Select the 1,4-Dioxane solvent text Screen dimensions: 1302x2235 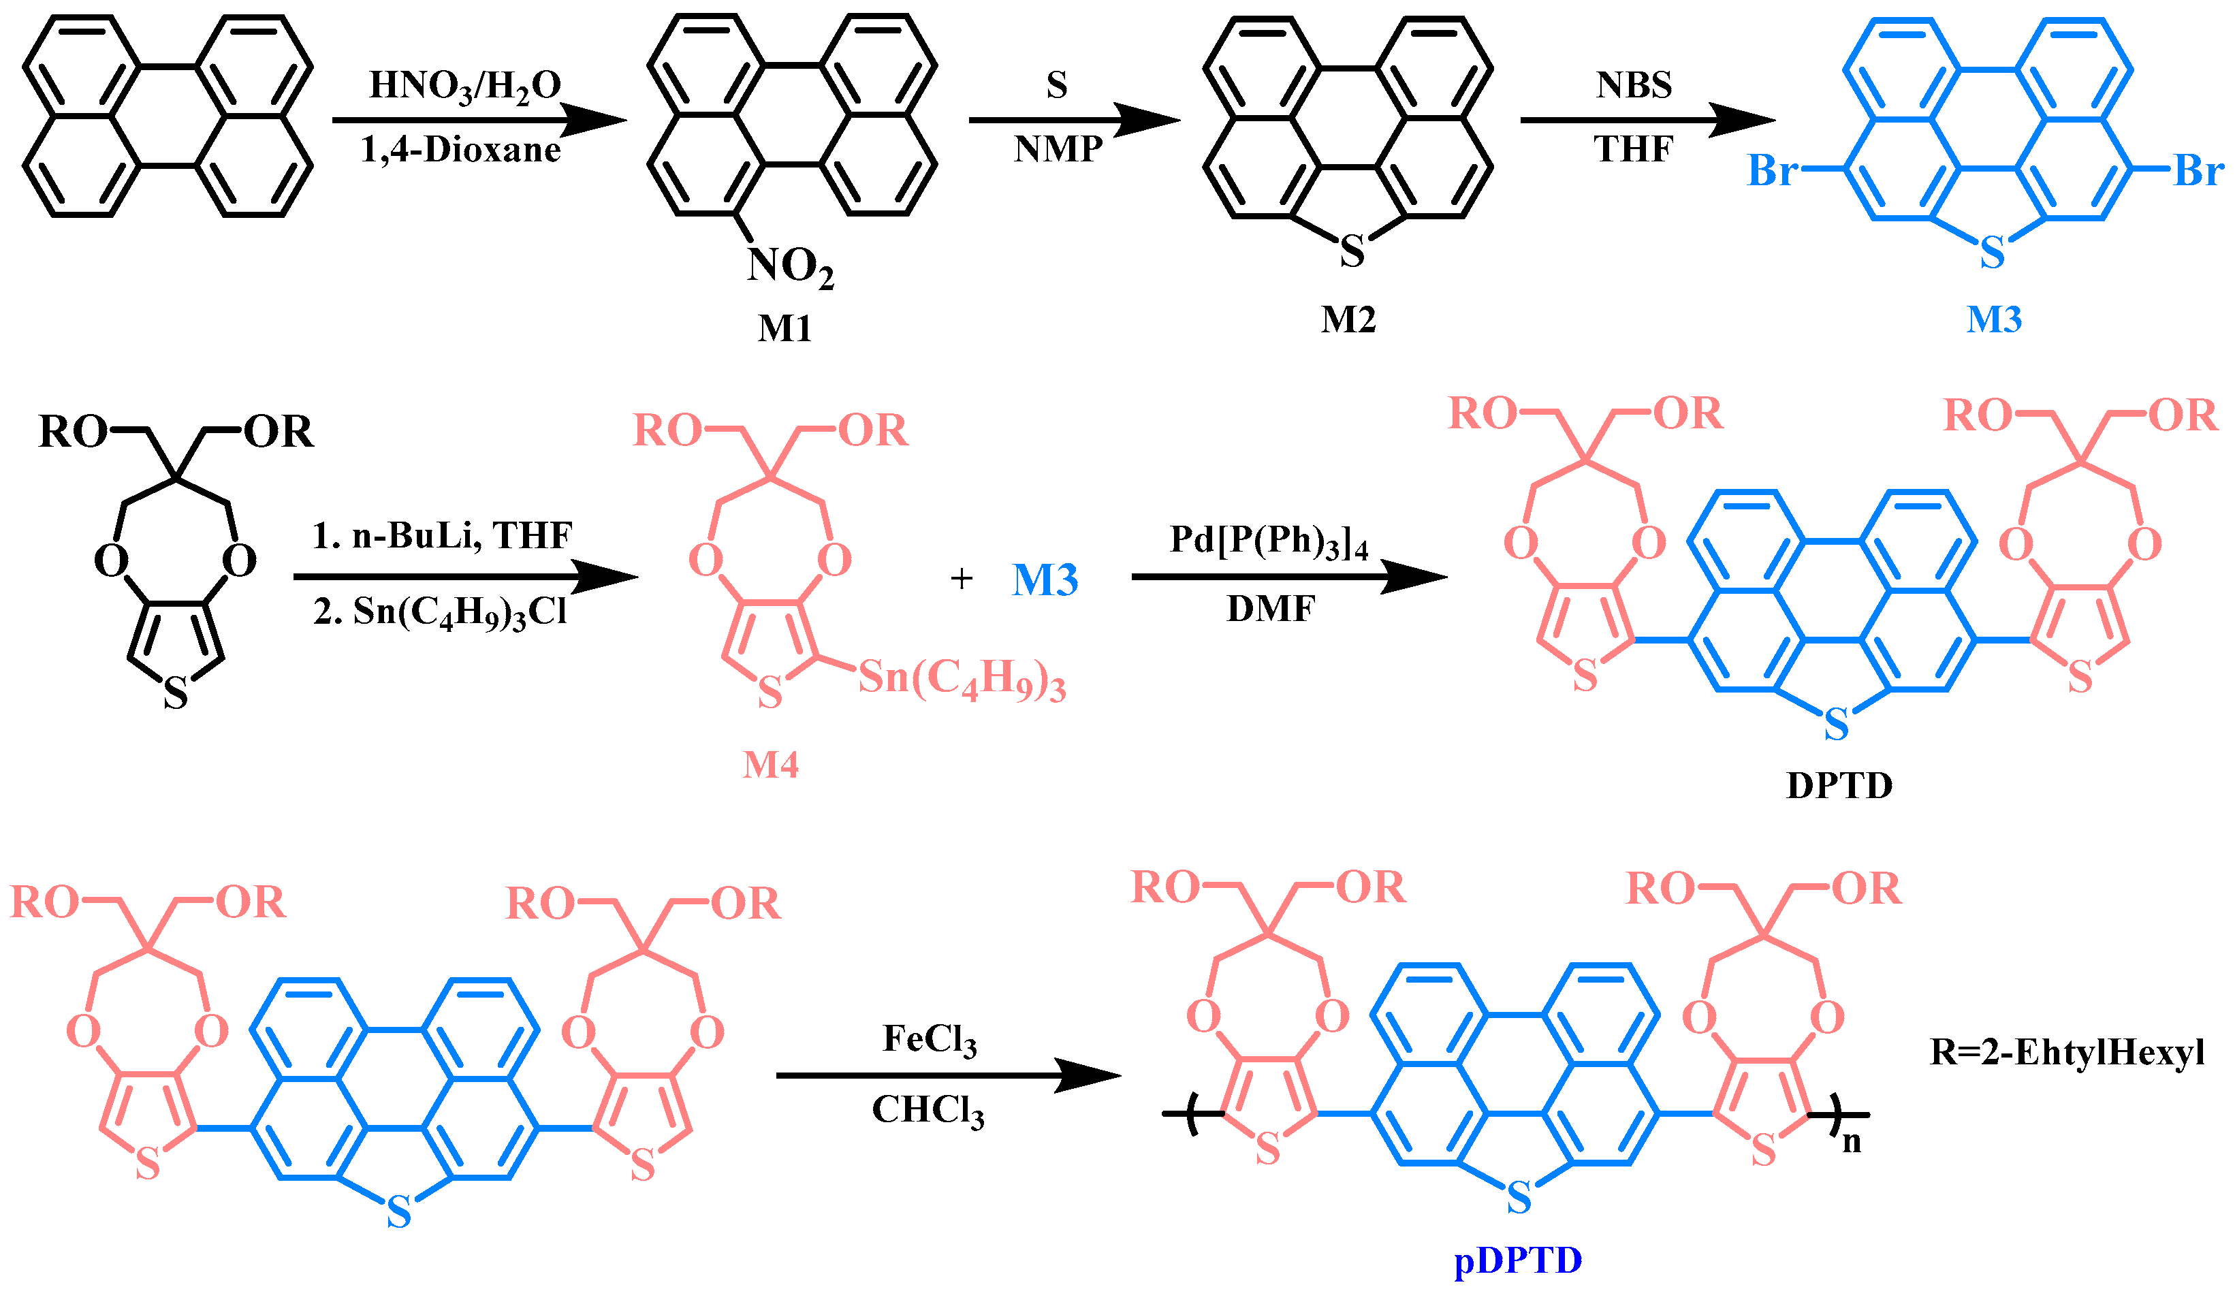click(460, 149)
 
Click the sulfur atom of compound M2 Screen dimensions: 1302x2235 click(1351, 251)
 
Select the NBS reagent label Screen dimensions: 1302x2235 click(1634, 85)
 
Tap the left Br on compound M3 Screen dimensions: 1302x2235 click(1771, 170)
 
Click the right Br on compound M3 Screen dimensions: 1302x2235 click(2198, 170)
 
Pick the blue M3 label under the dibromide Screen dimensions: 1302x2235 click(1994, 319)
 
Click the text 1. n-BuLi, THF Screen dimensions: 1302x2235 click(442, 536)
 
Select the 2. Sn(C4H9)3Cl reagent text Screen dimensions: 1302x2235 click(440, 613)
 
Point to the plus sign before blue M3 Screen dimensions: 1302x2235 click(962, 579)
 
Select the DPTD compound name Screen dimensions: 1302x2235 click(1839, 786)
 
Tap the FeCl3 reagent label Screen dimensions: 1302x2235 click(929, 1039)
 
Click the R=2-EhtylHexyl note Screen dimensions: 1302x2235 click(2067, 1053)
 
